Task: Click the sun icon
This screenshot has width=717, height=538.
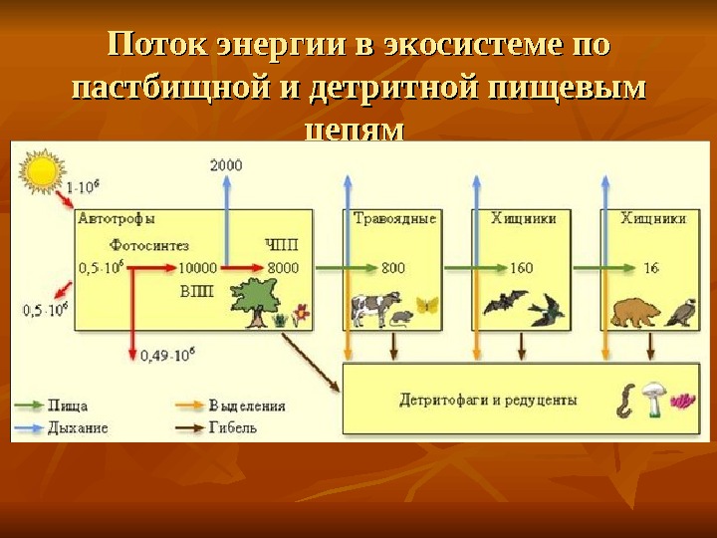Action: [x=42, y=170]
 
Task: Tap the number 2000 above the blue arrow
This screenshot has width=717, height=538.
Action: [x=226, y=165]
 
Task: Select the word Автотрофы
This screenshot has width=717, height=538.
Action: [x=116, y=218]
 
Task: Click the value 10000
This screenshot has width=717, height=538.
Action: [x=197, y=267]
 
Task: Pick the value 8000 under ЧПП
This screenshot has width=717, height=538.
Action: [x=283, y=267]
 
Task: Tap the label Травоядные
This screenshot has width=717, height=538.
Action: [x=395, y=218]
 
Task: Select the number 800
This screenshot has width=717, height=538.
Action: [x=393, y=267]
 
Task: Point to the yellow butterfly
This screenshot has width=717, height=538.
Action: [x=427, y=306]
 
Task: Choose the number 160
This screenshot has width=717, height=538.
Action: [x=521, y=267]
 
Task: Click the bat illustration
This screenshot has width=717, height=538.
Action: [x=505, y=302]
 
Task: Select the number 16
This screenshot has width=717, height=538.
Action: [x=651, y=267]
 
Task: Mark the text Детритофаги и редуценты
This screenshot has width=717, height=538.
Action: [x=488, y=401]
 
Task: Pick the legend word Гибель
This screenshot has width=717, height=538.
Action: [x=233, y=426]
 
